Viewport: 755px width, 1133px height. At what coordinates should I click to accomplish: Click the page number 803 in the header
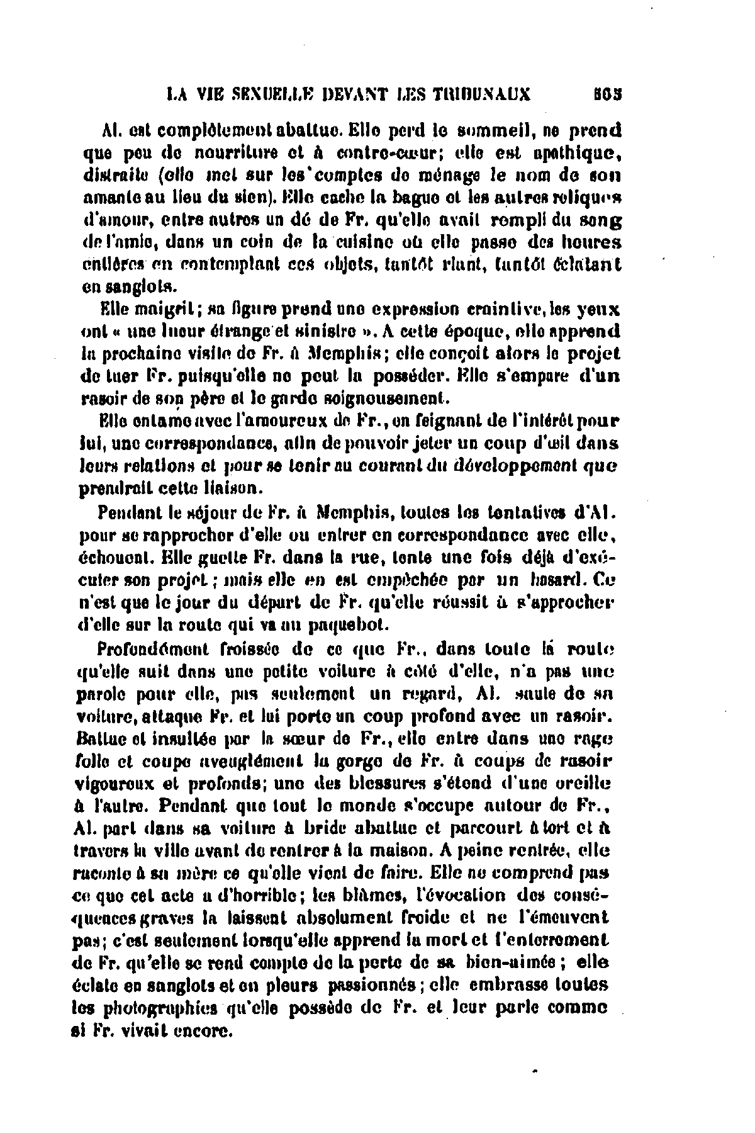click(606, 94)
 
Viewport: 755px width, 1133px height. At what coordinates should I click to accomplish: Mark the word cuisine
click(362, 242)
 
